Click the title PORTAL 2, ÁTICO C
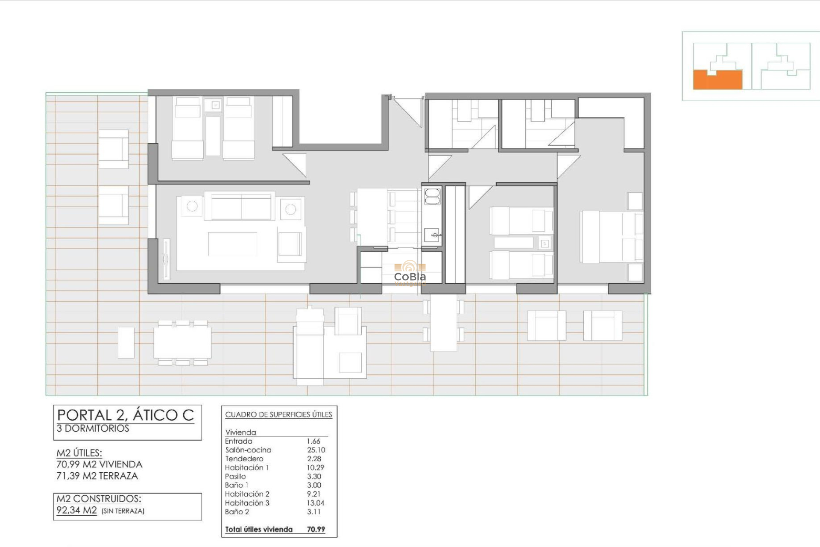pyautogui.click(x=126, y=415)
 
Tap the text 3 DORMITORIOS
pyautogui.click(x=93, y=429)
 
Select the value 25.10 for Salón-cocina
pyautogui.click(x=316, y=450)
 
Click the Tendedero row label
pyautogui.click(x=244, y=459)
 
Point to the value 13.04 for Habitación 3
pyautogui.click(x=315, y=503)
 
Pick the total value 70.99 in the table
pyautogui.click(x=316, y=529)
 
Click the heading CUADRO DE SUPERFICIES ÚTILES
pyautogui.click(x=278, y=415)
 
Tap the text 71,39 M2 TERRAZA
pyautogui.click(x=97, y=476)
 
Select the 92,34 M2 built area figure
pyautogui.click(x=77, y=510)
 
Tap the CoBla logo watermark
pyautogui.click(x=410, y=274)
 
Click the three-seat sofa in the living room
pyautogui.click(x=241, y=206)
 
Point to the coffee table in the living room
pyautogui.click(x=232, y=244)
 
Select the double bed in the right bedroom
pyautogui.click(x=611, y=237)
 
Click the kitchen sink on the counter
pyautogui.click(x=432, y=235)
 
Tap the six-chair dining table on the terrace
pyautogui.click(x=182, y=343)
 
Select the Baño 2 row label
pyautogui.click(x=237, y=512)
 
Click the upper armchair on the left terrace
pyautogui.click(x=113, y=149)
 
